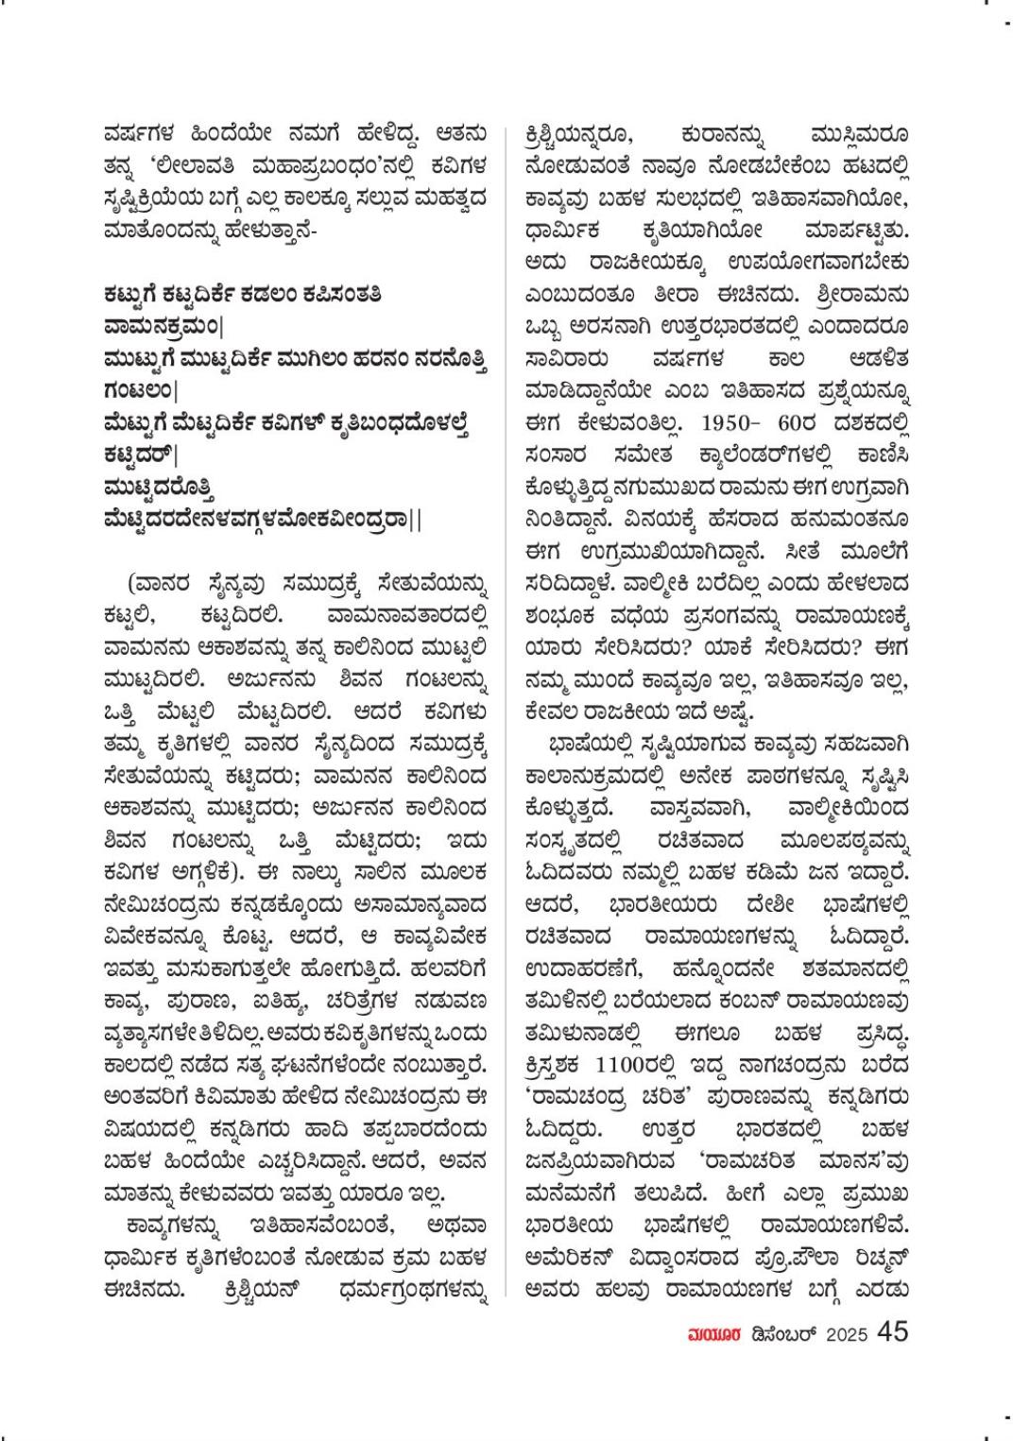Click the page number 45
click(x=893, y=1331)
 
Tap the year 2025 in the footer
click(x=847, y=1334)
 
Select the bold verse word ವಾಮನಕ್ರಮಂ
click(x=160, y=326)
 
